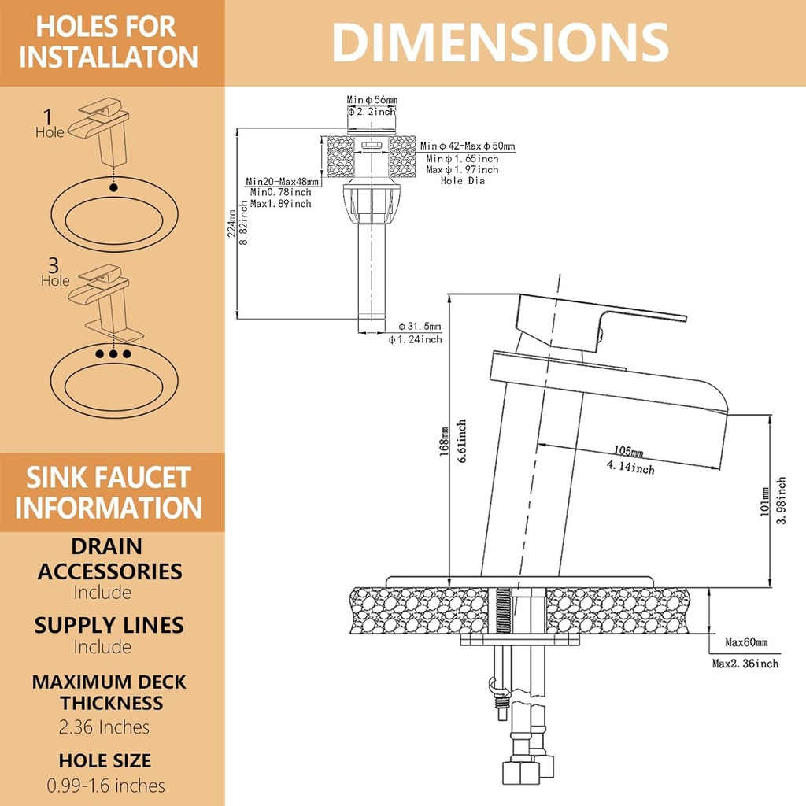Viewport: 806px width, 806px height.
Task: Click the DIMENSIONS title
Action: [x=500, y=43]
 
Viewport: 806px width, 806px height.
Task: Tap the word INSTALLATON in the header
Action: [x=109, y=58]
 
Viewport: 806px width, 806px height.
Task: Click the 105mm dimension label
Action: [x=628, y=452]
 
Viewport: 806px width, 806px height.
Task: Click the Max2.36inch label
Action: [x=745, y=664]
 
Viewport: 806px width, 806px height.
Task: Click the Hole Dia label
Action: [x=462, y=181]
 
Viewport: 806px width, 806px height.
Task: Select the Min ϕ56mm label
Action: [x=372, y=100]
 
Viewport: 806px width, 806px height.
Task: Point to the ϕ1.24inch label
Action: [x=415, y=339]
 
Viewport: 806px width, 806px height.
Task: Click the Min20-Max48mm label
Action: [x=282, y=181]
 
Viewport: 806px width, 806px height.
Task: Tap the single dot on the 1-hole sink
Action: [x=114, y=188]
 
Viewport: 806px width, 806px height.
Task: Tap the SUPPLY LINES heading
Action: [x=109, y=625]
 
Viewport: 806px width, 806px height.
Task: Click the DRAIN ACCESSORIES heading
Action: [x=109, y=558]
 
